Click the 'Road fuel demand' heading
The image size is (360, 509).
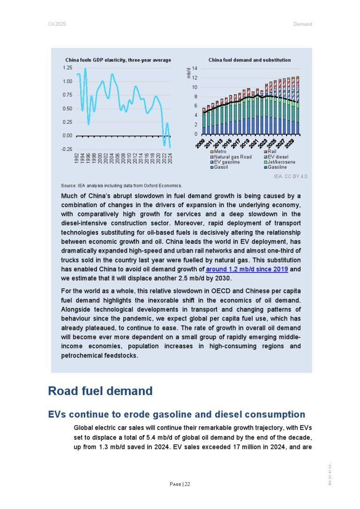point(100,391)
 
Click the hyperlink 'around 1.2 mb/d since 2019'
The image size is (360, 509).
point(247,269)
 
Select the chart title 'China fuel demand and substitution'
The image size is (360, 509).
point(249,60)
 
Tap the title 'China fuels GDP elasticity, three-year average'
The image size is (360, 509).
point(118,60)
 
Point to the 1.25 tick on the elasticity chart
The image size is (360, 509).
point(67,68)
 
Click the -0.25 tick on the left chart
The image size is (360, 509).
point(67,149)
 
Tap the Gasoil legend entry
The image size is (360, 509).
point(219,167)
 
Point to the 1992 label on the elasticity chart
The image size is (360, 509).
point(76,158)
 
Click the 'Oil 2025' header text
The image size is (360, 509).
point(57,24)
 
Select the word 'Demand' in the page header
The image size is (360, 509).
point(303,24)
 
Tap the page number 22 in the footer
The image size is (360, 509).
point(187,484)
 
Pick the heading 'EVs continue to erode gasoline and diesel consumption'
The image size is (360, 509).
point(177,414)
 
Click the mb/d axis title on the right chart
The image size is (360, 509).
point(188,73)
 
